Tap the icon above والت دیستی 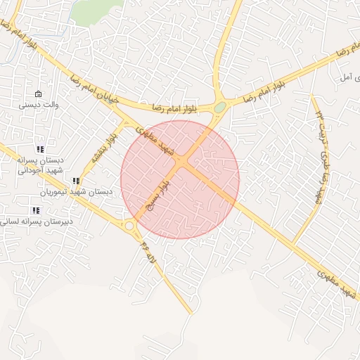click(38, 94)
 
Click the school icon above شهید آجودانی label click(40, 149)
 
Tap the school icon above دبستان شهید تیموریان click(76, 181)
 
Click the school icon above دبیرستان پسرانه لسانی click(36, 210)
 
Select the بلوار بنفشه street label click(102, 148)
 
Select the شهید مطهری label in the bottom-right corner click(337, 281)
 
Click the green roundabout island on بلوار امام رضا click(220, 108)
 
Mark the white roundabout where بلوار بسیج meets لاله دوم click(129, 226)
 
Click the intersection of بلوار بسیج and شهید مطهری click(182, 163)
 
